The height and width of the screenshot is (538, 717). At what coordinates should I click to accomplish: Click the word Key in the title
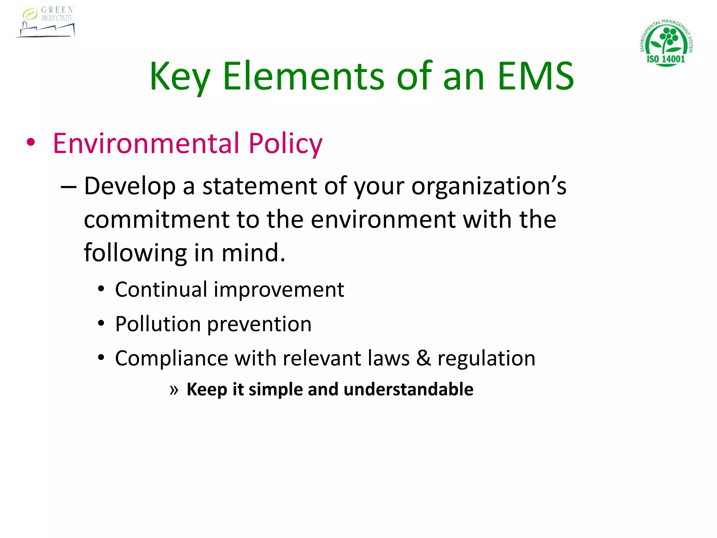click(x=180, y=76)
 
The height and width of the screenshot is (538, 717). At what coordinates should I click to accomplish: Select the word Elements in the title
click(x=304, y=76)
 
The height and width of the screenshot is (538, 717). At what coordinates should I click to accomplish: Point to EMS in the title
click(x=536, y=76)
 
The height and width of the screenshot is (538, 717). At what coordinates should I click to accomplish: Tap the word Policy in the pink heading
click(x=285, y=143)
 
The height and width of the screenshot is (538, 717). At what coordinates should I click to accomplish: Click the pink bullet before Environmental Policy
click(x=31, y=143)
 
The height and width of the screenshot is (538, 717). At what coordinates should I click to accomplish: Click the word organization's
click(x=489, y=186)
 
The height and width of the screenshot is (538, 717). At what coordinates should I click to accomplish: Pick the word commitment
click(x=156, y=220)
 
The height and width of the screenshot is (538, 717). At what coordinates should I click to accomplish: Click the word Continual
click(x=161, y=290)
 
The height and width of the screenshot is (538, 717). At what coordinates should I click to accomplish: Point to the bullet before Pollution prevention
click(x=101, y=323)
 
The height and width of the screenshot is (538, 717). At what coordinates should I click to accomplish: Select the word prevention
click(x=259, y=324)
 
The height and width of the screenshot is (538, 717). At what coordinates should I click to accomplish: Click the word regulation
click(x=486, y=359)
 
